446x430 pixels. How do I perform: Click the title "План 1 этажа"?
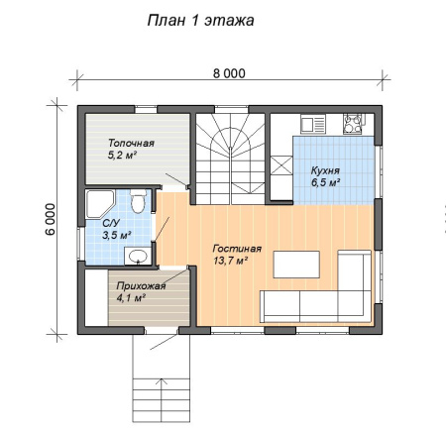(200, 21)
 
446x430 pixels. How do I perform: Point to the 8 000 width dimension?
(229, 73)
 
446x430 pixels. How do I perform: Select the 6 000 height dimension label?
(51, 219)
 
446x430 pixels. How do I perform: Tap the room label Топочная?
(131, 144)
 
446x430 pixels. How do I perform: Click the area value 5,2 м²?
(122, 155)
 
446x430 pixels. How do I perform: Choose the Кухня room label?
(325, 170)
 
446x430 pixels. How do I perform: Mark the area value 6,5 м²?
(326, 182)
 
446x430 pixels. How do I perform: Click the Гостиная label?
(237, 249)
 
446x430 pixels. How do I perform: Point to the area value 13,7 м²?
(231, 261)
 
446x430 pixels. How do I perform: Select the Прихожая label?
(141, 286)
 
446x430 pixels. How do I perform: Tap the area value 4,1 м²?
(131, 298)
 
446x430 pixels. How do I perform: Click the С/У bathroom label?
(111, 223)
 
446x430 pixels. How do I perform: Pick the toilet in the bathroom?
(138, 201)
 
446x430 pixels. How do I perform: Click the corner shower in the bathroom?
(99, 204)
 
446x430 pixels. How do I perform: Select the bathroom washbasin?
(138, 256)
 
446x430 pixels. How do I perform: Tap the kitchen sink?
(313, 124)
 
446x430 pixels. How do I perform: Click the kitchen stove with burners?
(353, 124)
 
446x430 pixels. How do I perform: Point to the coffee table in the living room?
(296, 265)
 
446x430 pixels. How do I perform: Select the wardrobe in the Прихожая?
(96, 298)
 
